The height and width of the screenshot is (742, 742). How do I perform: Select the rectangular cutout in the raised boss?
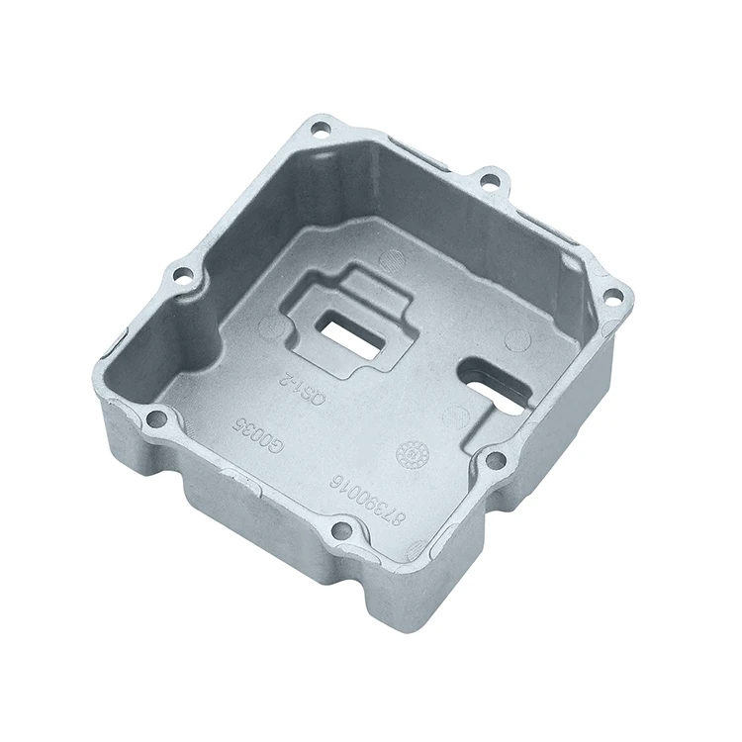(x=350, y=335)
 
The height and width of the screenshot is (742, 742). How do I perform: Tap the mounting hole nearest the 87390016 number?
(x=340, y=530)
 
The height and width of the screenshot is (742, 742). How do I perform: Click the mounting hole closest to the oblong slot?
(x=497, y=460)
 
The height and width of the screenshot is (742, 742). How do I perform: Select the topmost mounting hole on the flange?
(x=319, y=128)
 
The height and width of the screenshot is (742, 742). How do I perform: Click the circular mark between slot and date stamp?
(x=455, y=416)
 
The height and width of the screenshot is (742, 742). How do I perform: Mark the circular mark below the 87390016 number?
(x=416, y=550)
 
